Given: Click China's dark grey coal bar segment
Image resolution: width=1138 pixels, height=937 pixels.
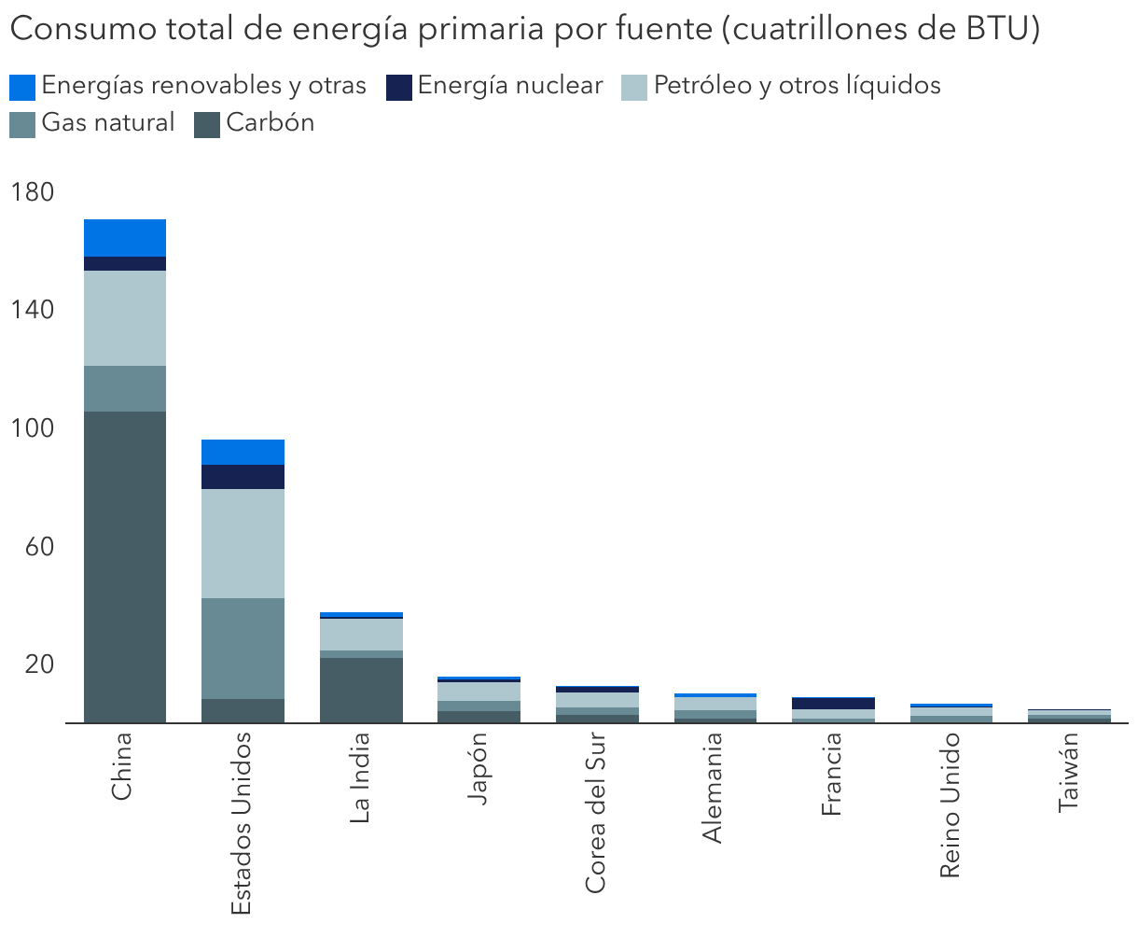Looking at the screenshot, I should [x=125, y=566].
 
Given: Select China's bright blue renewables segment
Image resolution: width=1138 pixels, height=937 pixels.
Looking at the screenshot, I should [x=125, y=238].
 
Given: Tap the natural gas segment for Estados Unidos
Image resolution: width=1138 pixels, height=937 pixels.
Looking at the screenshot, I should [x=243, y=649].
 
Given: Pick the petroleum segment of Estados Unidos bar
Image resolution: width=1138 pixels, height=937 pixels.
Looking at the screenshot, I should [x=243, y=543].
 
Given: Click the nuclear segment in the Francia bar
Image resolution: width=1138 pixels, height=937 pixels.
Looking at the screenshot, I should [x=834, y=703].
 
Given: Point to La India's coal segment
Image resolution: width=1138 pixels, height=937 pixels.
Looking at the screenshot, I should [x=361, y=690].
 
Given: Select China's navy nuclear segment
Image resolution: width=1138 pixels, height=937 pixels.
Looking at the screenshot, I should [x=125, y=263].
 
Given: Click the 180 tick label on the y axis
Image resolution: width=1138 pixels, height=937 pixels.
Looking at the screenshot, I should [x=33, y=192].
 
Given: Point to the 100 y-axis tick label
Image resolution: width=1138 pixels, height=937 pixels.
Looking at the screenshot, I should [x=33, y=428].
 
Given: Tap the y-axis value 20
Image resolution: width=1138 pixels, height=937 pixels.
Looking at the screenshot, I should [x=39, y=664].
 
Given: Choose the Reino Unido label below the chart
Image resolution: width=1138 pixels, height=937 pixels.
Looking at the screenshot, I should [x=951, y=804].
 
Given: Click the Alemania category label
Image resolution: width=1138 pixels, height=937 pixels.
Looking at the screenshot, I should [x=715, y=787].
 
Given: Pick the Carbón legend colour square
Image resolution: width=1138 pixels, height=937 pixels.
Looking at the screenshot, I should [x=207, y=124].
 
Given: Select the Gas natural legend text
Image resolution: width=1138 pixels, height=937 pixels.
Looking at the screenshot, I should [x=108, y=123].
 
